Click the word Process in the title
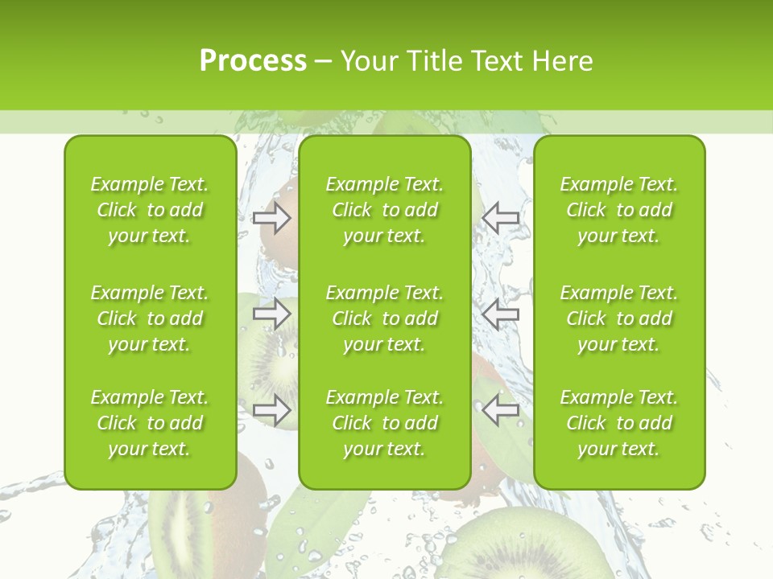click(253, 61)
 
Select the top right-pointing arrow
click(271, 218)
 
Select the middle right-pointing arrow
click(271, 313)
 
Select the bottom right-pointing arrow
click(271, 409)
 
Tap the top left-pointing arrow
click(501, 218)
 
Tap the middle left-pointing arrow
click(501, 313)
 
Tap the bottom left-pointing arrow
click(501, 409)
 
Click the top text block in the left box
click(150, 210)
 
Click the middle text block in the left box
click(150, 318)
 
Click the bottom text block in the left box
click(150, 423)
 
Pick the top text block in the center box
click(384, 210)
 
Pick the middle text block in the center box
click(384, 318)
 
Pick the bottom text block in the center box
click(384, 423)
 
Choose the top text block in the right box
click(618, 210)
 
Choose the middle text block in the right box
click(618, 318)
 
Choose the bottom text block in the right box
click(618, 423)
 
